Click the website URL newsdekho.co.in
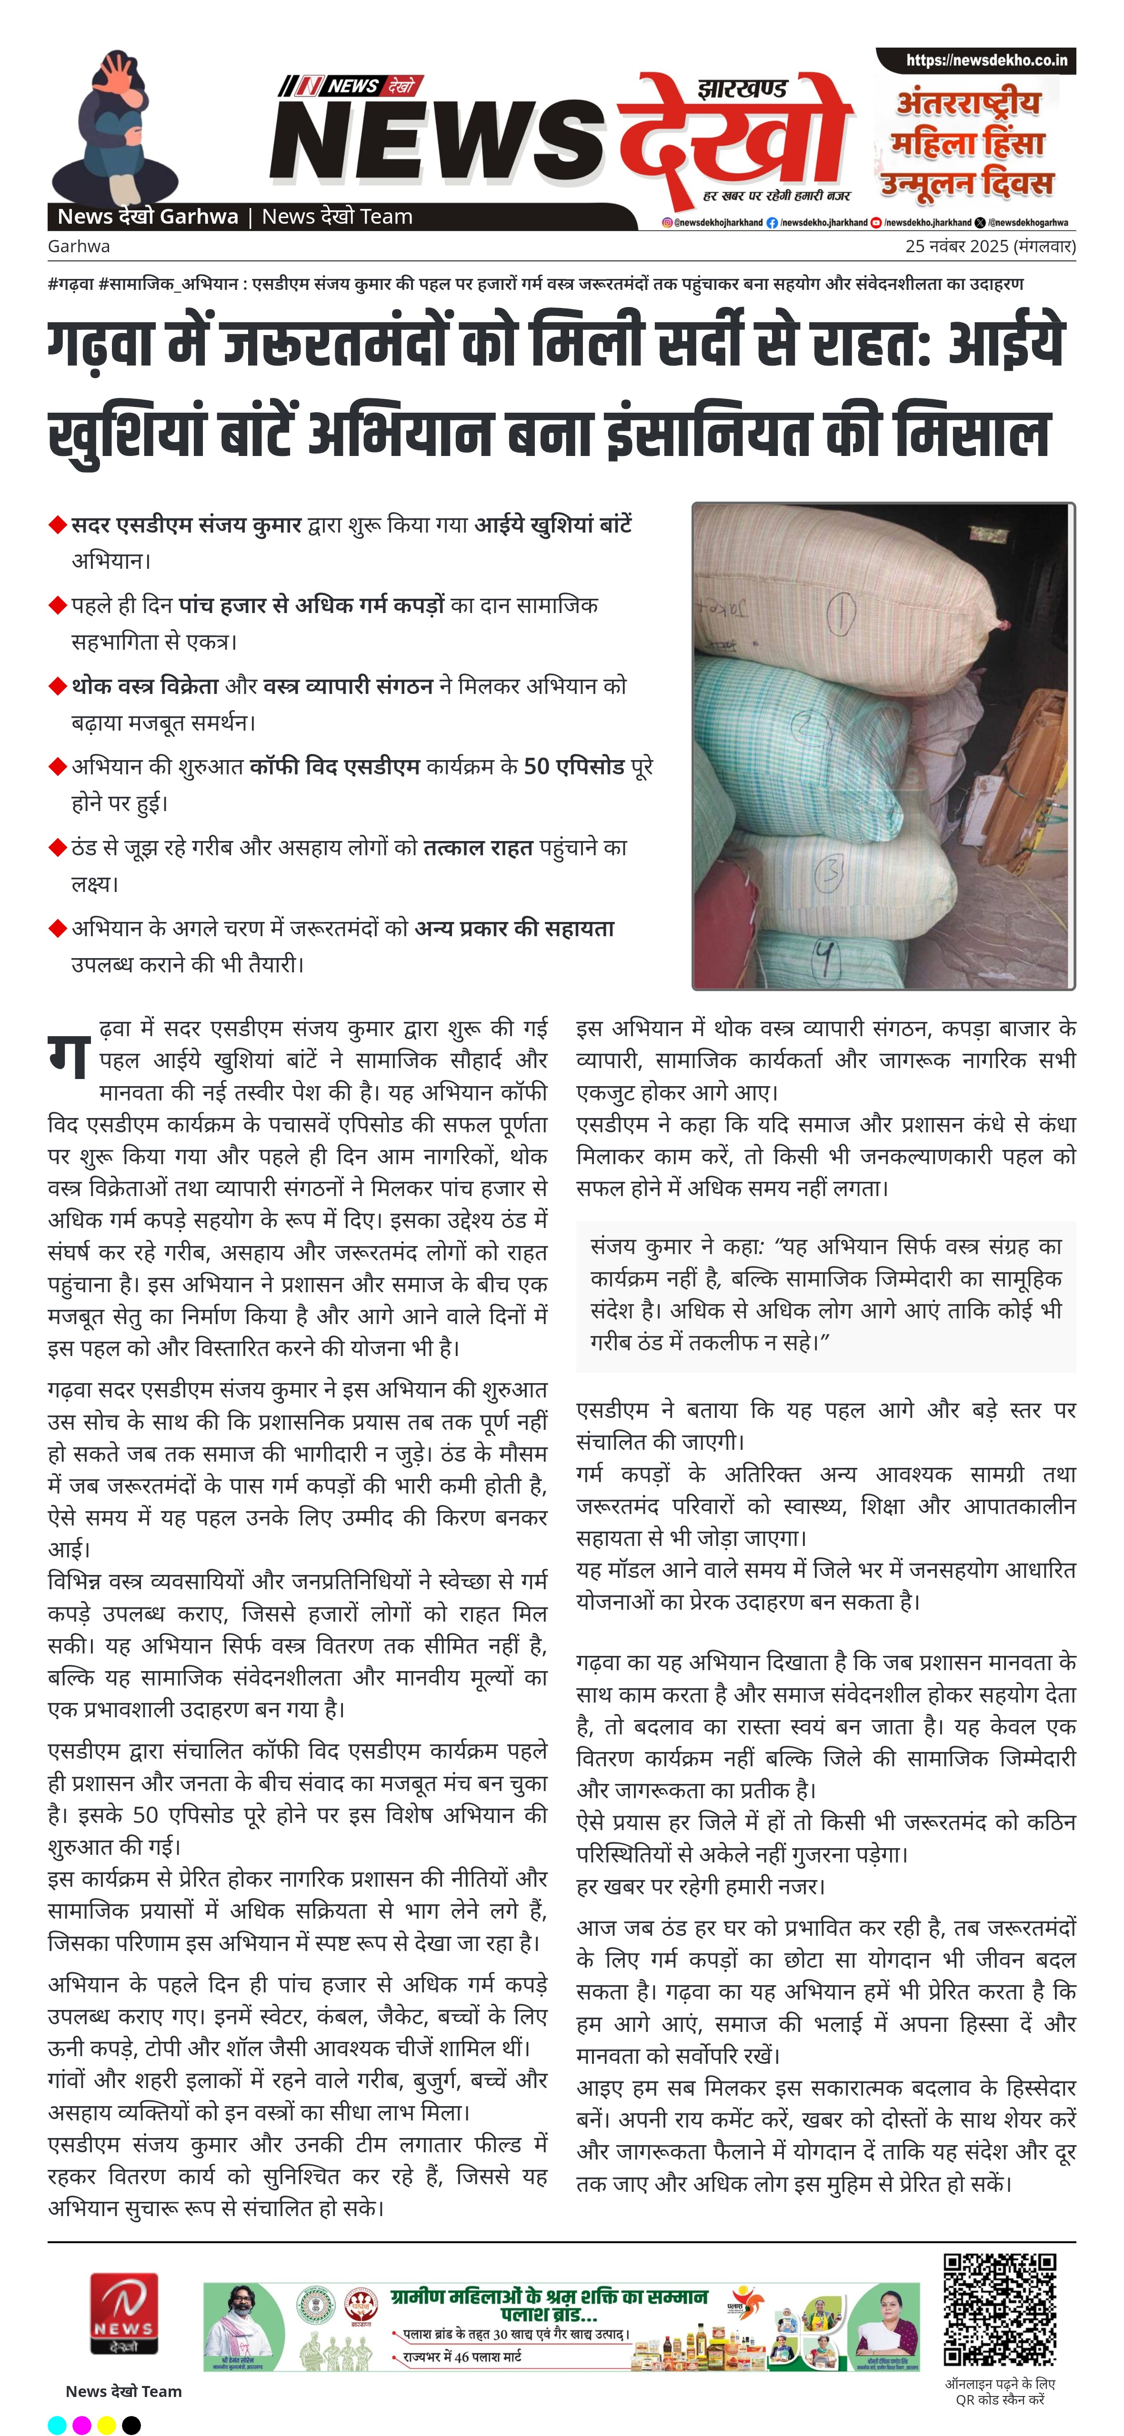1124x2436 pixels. pos(986,60)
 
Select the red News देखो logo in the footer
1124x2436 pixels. pos(124,2314)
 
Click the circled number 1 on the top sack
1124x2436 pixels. pos(841,612)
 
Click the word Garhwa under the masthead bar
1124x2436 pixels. pos(79,247)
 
